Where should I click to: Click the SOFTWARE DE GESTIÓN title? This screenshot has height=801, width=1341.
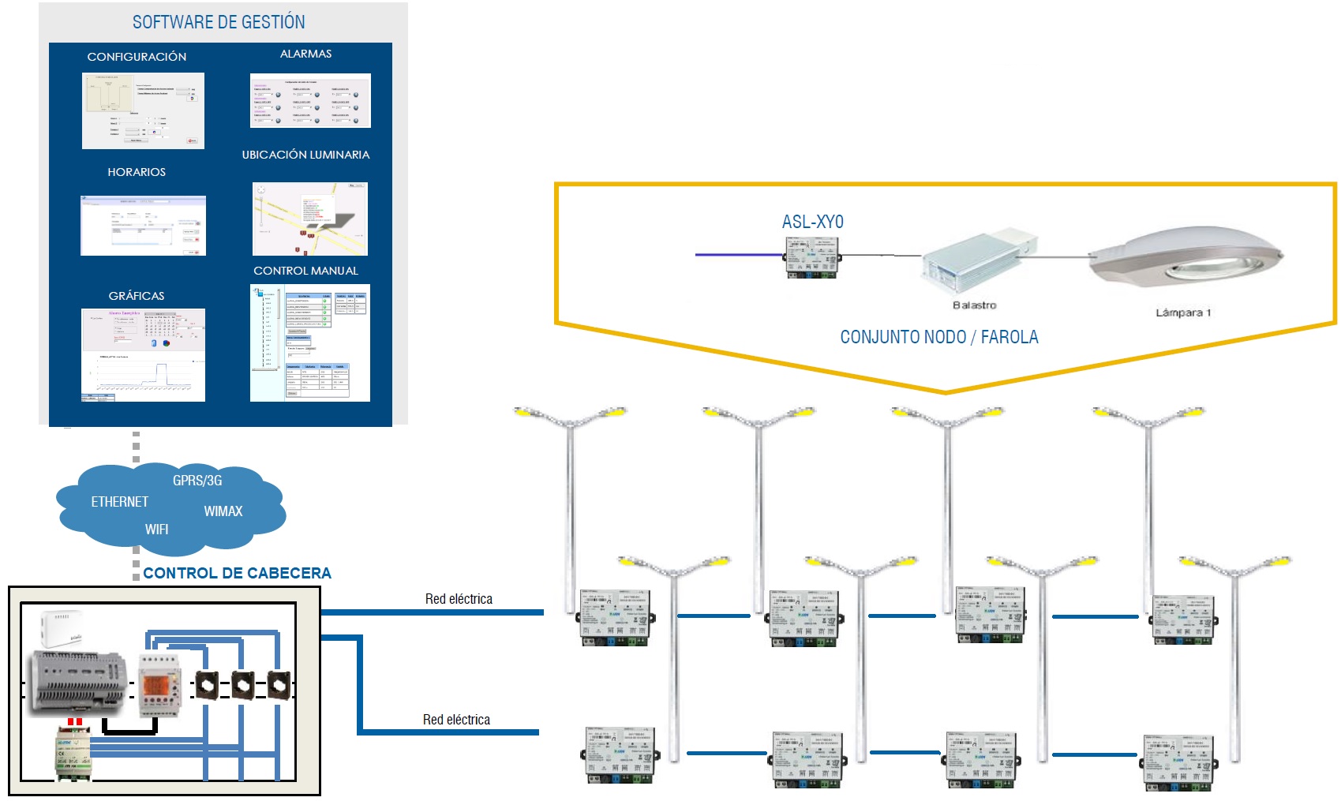click(219, 22)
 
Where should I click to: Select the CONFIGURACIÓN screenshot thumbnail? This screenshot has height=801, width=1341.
click(143, 110)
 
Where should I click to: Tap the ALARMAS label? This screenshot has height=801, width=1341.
click(305, 54)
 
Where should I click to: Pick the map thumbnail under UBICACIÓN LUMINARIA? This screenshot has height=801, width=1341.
click(310, 219)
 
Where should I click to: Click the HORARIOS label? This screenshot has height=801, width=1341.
click(137, 172)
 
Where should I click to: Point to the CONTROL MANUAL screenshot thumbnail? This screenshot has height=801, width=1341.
click(310, 342)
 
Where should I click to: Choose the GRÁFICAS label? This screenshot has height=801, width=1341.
click(137, 296)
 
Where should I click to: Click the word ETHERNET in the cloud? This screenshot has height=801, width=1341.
click(119, 502)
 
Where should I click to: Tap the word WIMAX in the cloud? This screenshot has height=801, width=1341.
click(223, 511)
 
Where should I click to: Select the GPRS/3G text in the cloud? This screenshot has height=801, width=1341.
click(197, 481)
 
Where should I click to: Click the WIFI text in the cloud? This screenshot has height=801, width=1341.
click(156, 530)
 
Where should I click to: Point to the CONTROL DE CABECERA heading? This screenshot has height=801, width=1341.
click(237, 574)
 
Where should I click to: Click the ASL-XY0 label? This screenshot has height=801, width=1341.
click(812, 223)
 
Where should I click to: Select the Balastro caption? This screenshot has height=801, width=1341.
click(974, 305)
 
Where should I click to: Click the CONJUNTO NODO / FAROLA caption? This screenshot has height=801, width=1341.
click(938, 338)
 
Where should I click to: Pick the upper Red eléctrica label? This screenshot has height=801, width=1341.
click(459, 599)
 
